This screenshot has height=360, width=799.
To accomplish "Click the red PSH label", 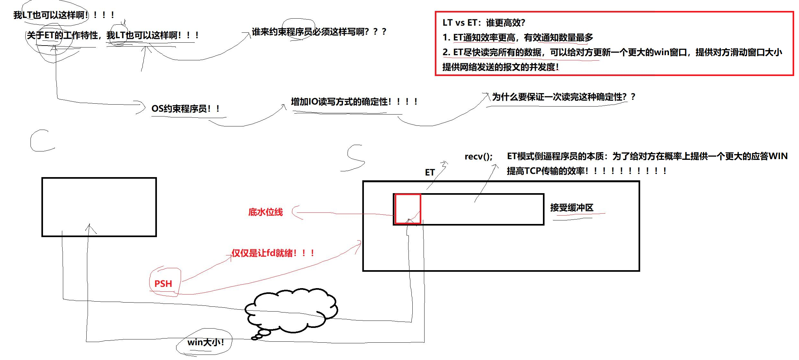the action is pos(163,284).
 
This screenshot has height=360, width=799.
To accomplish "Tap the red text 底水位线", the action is pos(265,212).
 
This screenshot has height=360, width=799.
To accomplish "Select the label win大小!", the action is pos(205,342).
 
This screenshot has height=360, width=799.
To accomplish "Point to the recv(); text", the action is pos(478,157).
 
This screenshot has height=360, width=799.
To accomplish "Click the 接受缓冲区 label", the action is pos(571,208).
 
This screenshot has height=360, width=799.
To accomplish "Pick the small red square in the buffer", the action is pos(408,209).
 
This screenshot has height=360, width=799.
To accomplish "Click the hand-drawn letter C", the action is pos(41,141).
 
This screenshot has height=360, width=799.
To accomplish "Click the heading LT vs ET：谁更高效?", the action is pos(484,23).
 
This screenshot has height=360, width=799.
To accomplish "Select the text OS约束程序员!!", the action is pos(185,109).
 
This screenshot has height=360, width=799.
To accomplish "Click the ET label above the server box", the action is pos(430,173).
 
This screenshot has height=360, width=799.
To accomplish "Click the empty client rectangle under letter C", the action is pos(99,207).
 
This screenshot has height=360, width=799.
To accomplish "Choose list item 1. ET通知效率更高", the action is pos(518,38).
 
